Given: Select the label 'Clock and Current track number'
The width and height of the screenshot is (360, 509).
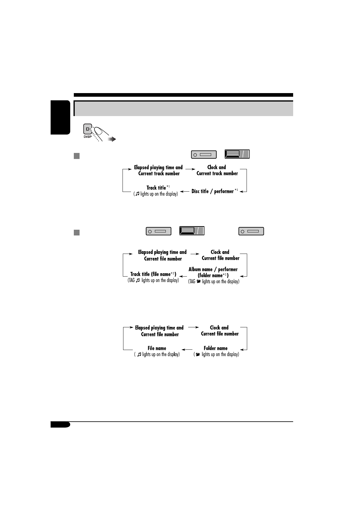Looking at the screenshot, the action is click(217, 170).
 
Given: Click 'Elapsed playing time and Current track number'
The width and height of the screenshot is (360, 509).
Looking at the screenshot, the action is click(159, 170).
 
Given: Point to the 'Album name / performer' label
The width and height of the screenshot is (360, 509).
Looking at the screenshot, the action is click(213, 269).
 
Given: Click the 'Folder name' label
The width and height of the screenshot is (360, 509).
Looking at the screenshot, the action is click(215, 348).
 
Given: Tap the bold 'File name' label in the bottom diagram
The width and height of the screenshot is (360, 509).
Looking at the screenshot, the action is click(157, 348).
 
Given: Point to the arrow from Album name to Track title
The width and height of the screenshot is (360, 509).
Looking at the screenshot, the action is click(183, 275).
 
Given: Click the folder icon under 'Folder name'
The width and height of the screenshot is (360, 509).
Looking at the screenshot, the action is click(198, 355).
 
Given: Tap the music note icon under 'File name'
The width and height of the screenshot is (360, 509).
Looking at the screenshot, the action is click(139, 355).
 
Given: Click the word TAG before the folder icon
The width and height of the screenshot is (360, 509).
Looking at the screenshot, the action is click(191, 281).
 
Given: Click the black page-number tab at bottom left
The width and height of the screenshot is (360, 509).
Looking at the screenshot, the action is click(60, 425).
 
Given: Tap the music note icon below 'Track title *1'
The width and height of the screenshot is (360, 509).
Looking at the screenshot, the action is click(137, 194).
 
